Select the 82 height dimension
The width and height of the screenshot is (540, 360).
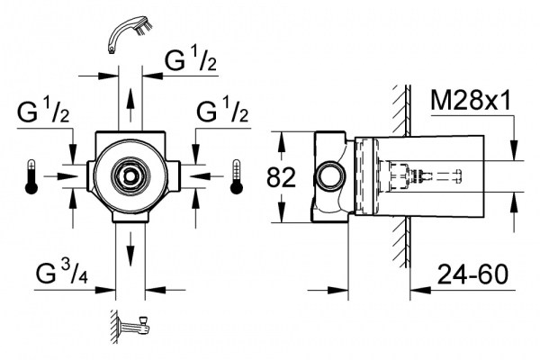point(282,177)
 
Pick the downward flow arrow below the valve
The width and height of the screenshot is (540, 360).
point(131,245)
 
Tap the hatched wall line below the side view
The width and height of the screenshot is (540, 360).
point(396,243)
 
